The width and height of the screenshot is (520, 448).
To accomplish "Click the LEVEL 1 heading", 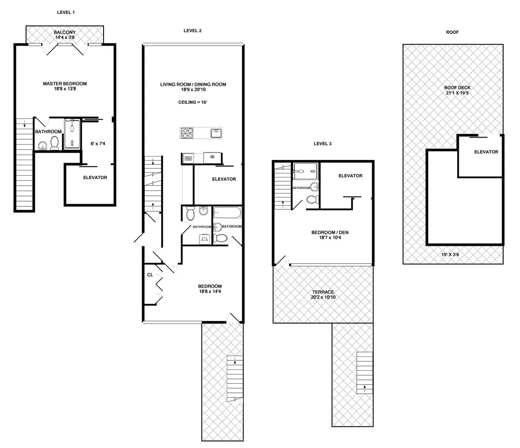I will tap(66, 12).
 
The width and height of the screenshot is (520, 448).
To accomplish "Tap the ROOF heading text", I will tap(452, 32).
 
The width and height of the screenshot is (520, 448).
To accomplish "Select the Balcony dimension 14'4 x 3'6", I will tap(65, 38).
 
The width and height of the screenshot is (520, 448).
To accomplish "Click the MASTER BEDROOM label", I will tap(65, 83).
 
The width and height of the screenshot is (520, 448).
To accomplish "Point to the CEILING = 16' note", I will tap(193, 102).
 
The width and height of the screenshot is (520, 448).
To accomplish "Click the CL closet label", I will tap(150, 275).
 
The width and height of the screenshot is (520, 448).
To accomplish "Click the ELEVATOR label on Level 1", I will tap(95, 177).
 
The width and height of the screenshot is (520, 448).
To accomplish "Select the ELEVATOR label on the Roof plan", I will tap(486, 152).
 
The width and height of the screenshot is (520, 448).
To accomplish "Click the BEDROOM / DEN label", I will tap(330, 232).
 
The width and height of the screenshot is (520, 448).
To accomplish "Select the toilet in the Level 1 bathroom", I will tap(55, 143).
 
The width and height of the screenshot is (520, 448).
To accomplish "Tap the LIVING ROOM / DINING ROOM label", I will tap(193, 85).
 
